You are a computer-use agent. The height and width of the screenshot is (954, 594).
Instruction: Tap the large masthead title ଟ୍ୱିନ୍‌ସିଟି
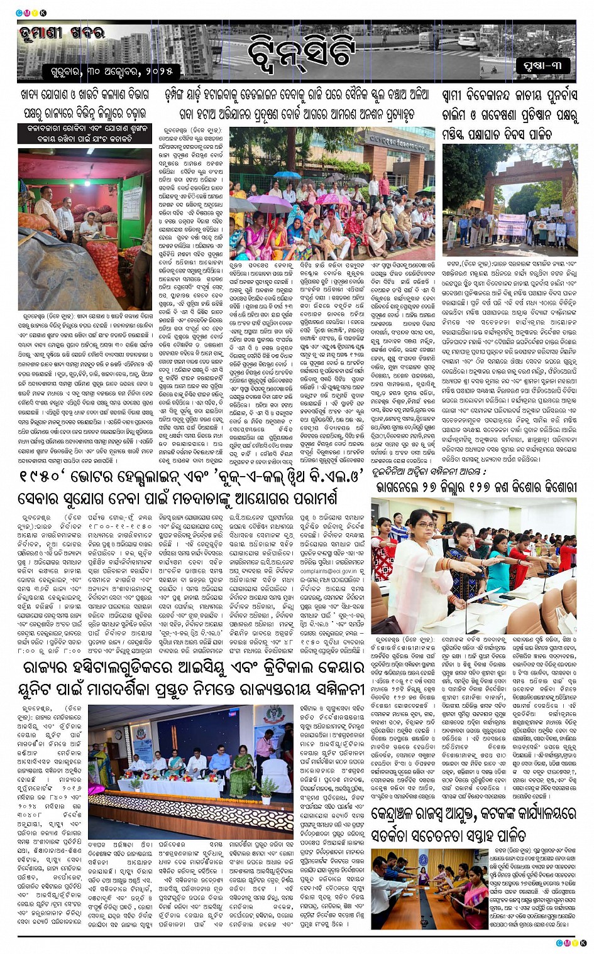click(x=302, y=50)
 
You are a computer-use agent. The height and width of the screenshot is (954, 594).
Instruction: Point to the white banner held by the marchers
click(x=512, y=224)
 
